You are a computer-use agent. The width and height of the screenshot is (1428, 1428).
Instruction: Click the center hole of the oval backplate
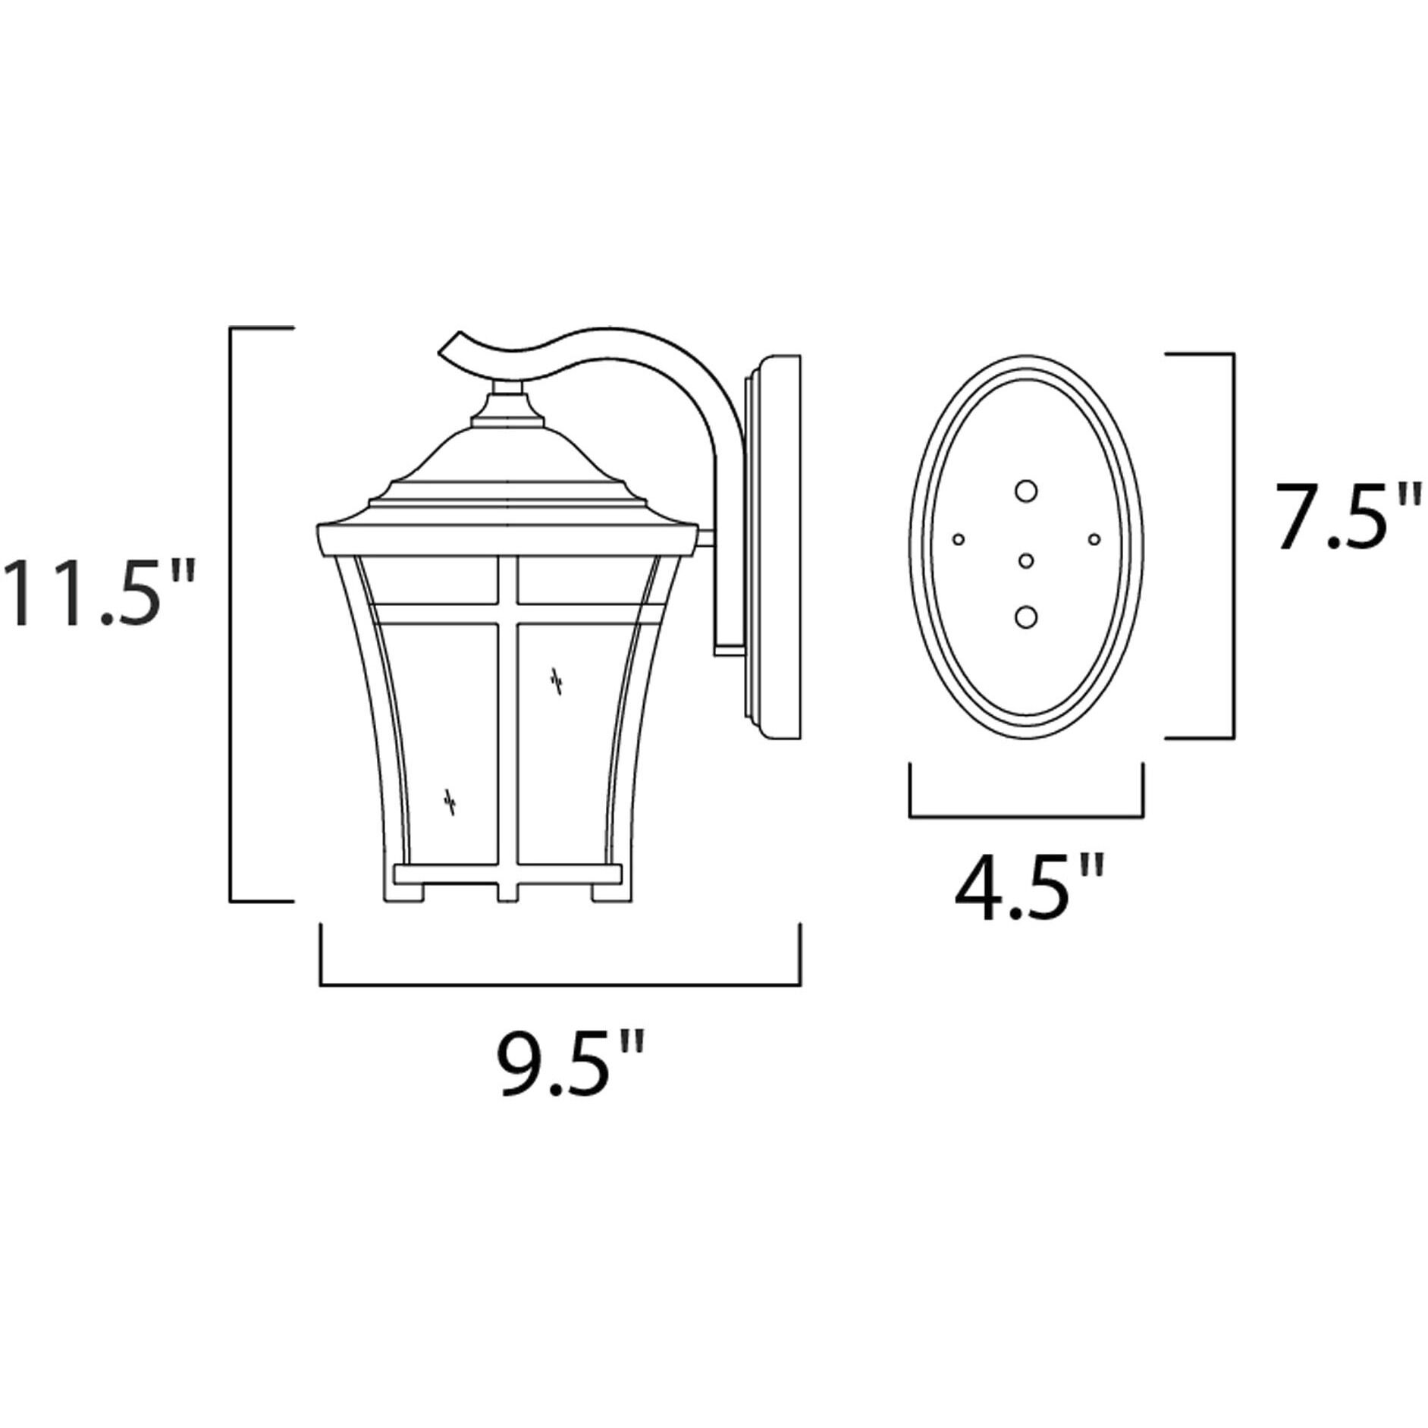tap(1026, 560)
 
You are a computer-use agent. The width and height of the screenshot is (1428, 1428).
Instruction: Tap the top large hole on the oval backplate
tap(1026, 491)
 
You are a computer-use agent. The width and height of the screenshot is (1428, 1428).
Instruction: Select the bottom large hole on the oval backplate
tap(1026, 617)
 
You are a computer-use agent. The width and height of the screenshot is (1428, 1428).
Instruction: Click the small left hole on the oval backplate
tap(959, 539)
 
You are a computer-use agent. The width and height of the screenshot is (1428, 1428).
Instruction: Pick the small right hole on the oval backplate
tap(1094, 539)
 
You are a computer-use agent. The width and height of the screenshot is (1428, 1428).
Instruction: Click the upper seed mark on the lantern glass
tap(557, 680)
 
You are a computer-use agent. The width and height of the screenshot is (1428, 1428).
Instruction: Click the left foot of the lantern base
tap(415, 892)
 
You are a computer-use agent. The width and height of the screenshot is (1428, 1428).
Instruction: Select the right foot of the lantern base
tap(610, 892)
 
